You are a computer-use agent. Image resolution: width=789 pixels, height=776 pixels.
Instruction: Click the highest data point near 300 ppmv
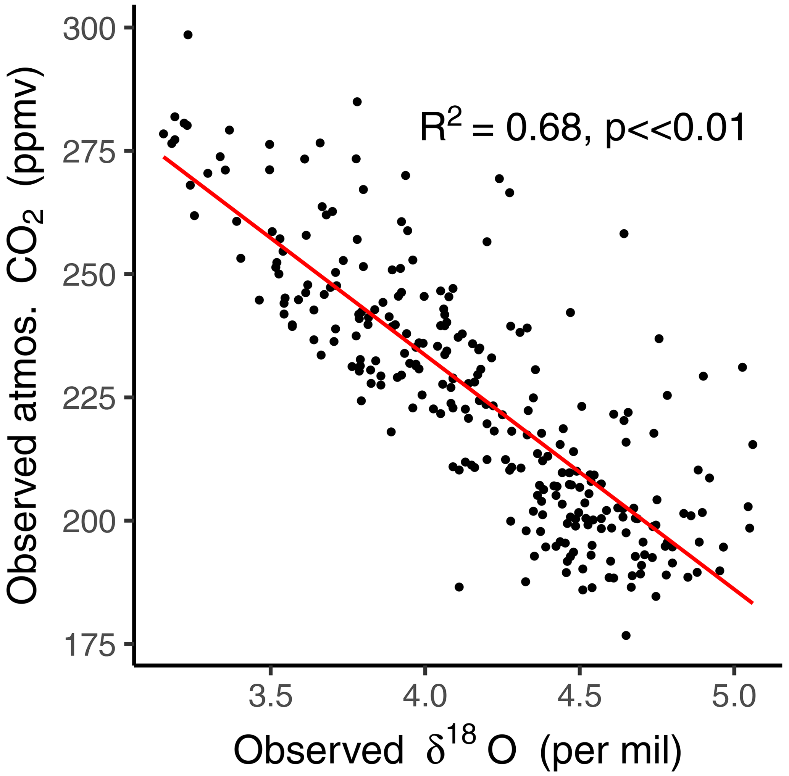(187, 35)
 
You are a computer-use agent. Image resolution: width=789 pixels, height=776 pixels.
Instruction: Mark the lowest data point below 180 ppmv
(626, 635)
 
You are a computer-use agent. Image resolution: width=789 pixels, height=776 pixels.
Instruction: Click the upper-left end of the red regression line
(164, 157)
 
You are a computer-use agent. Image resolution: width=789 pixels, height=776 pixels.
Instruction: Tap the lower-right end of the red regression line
(752, 602)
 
